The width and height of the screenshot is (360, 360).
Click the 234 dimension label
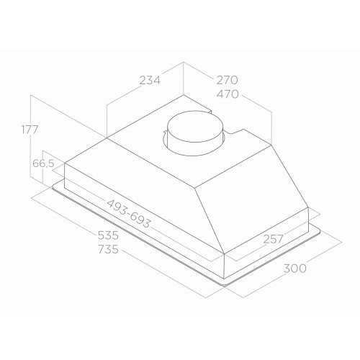point(150,80)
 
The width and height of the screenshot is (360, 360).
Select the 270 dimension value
point(227,80)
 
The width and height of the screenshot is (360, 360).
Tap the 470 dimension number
point(228,94)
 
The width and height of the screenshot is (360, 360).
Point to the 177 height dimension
point(30,130)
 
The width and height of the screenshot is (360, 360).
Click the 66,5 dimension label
point(43,163)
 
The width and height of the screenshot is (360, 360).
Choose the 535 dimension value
point(108,235)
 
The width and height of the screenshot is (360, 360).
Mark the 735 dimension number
point(108,249)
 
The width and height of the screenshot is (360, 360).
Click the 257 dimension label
point(274,239)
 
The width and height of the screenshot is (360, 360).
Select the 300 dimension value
point(294,269)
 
